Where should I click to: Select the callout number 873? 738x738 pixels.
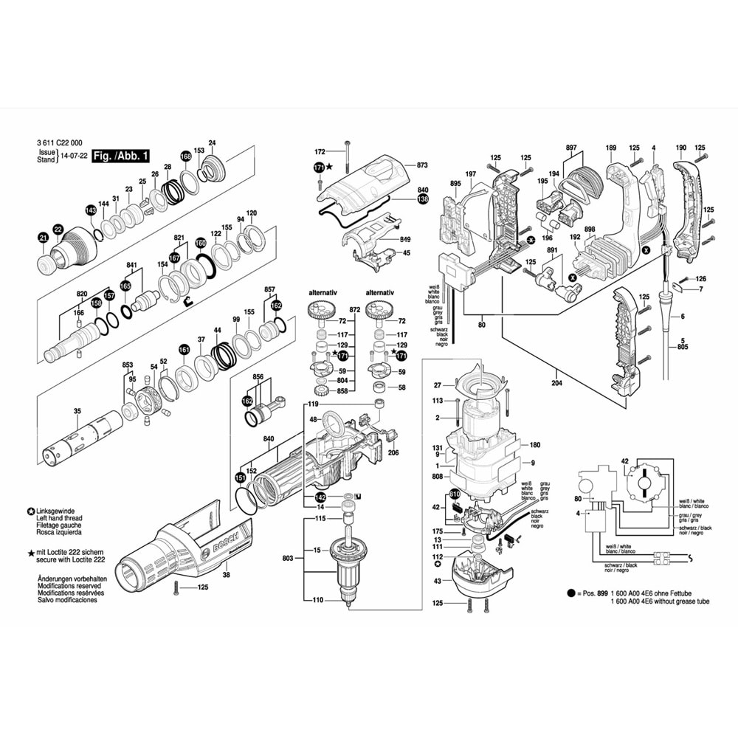422,165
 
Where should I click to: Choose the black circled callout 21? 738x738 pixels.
43,237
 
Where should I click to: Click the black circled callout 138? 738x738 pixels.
422,199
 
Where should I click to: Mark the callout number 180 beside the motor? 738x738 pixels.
535,444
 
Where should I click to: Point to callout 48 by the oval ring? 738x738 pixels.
314,420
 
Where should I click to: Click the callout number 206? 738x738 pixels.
393,452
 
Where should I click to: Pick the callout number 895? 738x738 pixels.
455,183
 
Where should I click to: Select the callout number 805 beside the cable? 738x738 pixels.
682,347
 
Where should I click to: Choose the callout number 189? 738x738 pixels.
610,148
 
